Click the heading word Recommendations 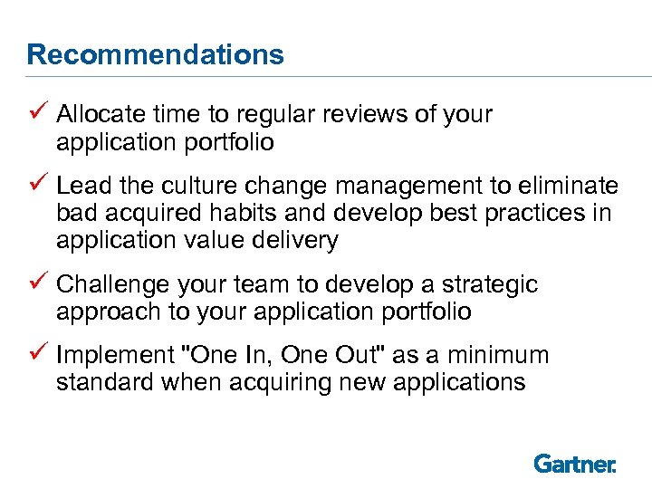[x=155, y=55]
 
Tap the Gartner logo [x=575, y=464]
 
